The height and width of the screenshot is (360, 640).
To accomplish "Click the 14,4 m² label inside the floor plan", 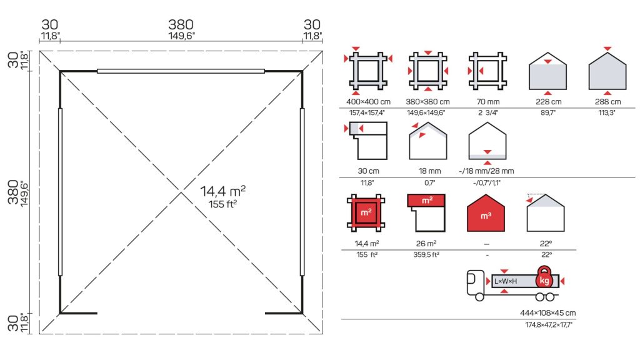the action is (223, 191).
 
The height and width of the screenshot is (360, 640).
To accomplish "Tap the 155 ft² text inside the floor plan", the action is (223, 204).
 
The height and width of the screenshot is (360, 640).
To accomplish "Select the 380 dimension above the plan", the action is (181, 24).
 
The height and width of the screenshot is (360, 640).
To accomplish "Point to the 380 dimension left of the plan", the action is (13, 192).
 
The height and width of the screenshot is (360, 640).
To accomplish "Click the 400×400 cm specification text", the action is (368, 102).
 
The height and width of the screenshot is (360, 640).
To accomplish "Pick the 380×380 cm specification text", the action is (427, 102).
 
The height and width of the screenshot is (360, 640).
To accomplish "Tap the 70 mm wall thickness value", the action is (487, 102).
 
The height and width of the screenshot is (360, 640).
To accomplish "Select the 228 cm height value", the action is (548, 102).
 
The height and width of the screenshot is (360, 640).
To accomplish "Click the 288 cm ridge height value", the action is (607, 102).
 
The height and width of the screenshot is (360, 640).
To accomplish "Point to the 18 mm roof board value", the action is (429, 171).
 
